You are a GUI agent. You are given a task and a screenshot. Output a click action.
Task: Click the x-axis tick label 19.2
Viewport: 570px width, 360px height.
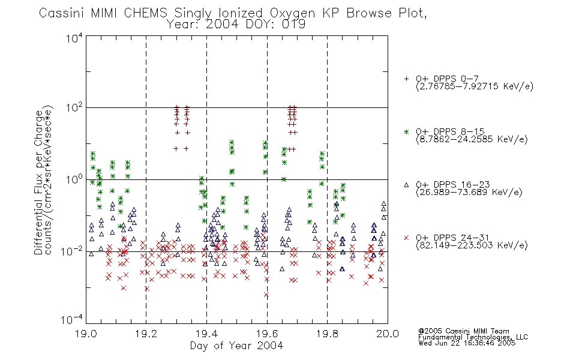click(146, 334)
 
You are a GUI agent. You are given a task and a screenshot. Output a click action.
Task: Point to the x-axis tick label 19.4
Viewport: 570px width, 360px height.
click(206, 334)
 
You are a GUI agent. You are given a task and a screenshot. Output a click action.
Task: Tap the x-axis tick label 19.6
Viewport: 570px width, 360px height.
click(267, 334)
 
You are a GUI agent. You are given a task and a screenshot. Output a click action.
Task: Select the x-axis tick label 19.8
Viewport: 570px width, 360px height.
click(327, 334)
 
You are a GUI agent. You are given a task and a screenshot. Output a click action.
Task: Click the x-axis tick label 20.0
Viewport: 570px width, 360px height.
click(388, 334)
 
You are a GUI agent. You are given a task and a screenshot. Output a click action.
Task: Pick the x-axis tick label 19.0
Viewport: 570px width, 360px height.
click(86, 334)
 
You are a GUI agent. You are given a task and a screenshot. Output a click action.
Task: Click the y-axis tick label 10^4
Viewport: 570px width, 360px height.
click(74, 37)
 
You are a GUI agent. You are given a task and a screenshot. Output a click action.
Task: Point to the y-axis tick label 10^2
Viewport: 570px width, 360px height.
click(74, 108)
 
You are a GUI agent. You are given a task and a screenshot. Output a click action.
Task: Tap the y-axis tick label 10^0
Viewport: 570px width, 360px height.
click(74, 179)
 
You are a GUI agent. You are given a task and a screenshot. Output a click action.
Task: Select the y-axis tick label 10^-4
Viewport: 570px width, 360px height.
click(73, 320)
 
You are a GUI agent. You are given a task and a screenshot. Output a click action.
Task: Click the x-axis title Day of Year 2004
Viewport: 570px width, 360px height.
click(236, 346)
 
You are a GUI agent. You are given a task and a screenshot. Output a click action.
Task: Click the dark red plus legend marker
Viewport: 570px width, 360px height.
click(406, 79)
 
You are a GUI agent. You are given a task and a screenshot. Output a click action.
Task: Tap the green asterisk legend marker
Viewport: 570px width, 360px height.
click(406, 131)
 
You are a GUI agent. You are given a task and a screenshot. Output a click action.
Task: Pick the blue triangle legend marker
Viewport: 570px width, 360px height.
click(406, 185)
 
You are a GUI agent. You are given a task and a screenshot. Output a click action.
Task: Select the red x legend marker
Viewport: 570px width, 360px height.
click(406, 238)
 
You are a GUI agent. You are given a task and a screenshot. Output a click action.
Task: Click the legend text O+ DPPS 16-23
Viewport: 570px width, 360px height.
click(453, 184)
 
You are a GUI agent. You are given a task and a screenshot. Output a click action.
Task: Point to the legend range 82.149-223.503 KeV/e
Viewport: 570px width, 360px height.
click(472, 245)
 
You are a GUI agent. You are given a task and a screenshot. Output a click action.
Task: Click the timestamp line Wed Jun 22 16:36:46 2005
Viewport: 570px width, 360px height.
click(467, 343)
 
